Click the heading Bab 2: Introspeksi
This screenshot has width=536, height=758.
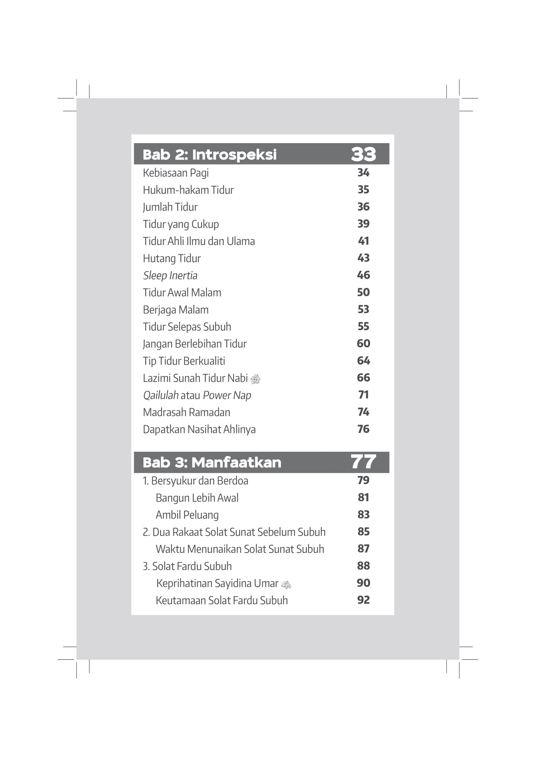[209, 155]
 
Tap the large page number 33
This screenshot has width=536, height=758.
[363, 154]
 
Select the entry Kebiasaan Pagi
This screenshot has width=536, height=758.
[176, 173]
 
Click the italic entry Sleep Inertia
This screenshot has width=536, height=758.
[170, 275]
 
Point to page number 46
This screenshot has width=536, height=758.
[363, 275]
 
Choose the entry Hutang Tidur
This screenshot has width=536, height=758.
[172, 258]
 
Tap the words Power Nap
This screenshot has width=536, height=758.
[227, 395]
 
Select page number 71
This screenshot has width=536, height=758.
[363, 395]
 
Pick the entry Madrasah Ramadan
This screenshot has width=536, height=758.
[186, 412]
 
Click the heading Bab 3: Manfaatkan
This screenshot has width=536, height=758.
[212, 462]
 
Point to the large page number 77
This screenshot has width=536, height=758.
[363, 462]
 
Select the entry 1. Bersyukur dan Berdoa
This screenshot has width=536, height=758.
[195, 481]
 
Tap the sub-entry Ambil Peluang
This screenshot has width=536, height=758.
[187, 515]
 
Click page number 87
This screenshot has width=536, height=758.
[363, 549]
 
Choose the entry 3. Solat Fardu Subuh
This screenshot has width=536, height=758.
[187, 566]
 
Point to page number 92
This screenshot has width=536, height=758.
[363, 600]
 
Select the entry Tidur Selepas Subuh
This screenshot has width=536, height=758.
[187, 327]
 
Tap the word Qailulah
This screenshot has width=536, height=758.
[161, 395]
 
